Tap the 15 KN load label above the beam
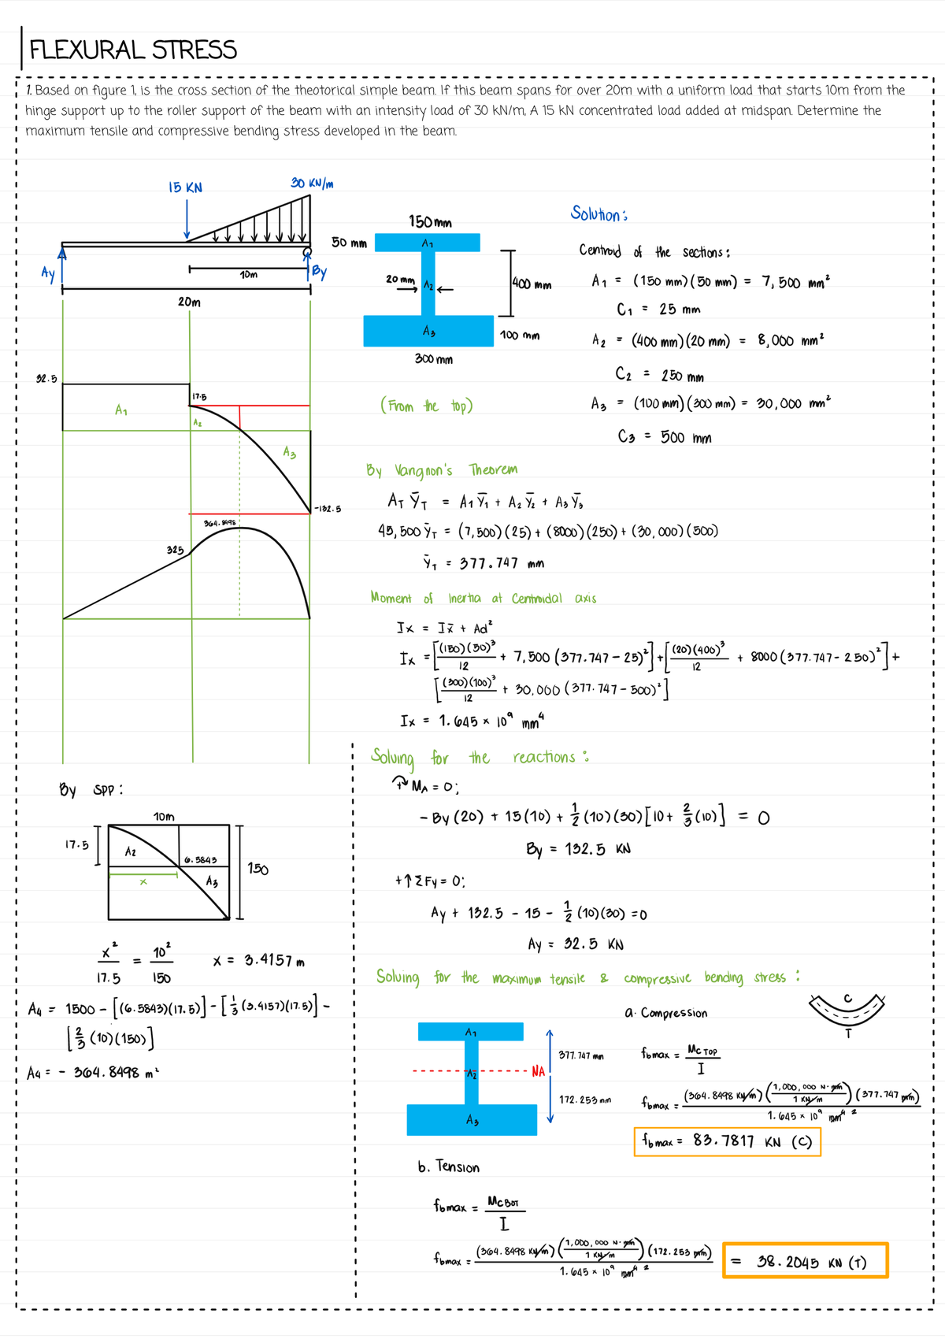point(185,187)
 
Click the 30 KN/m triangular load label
point(312,183)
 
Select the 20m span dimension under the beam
point(189,302)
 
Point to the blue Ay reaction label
point(48,273)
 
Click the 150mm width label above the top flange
point(429,222)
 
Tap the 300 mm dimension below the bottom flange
point(434,359)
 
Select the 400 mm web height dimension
point(532,284)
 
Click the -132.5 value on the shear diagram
point(328,509)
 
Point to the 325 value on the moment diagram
point(175,550)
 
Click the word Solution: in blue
point(598,214)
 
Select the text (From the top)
point(426,406)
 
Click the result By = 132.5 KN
point(578,849)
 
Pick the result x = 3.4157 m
point(258,960)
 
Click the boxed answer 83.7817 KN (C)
point(727,1141)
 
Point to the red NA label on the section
point(538,1071)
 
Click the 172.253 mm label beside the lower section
point(584,1100)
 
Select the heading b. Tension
point(448,1167)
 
